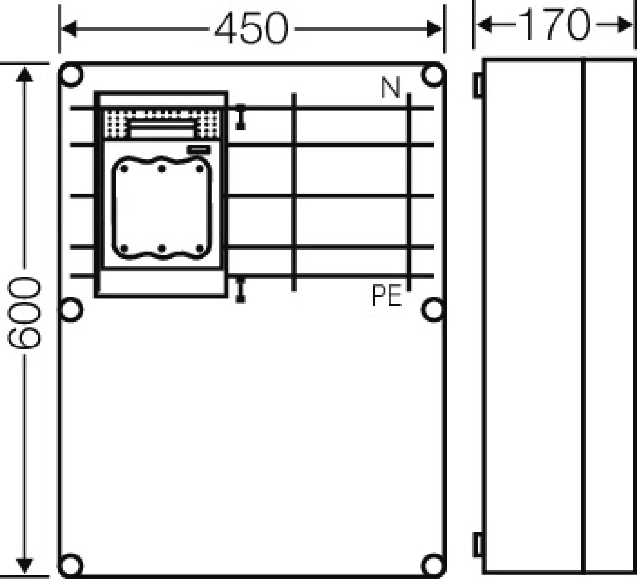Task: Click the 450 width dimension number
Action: click(x=252, y=29)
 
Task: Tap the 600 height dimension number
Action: click(x=24, y=312)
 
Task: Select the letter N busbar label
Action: click(x=390, y=88)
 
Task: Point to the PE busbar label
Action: click(x=386, y=295)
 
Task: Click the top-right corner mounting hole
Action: click(x=433, y=75)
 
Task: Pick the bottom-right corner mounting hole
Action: click(x=433, y=566)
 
